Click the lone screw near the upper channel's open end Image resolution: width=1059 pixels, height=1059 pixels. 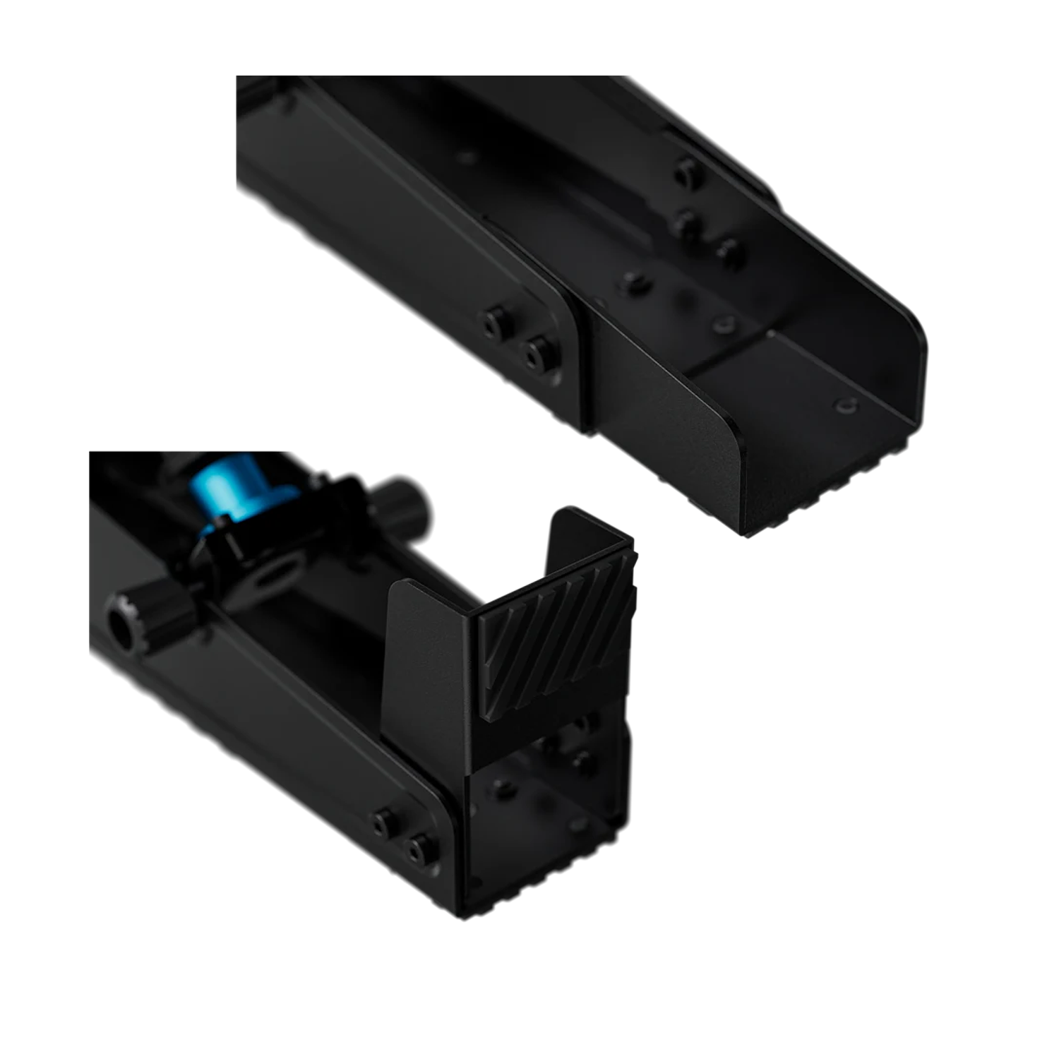click(x=844, y=405)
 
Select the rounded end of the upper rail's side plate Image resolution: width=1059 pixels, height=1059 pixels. click(x=565, y=332)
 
